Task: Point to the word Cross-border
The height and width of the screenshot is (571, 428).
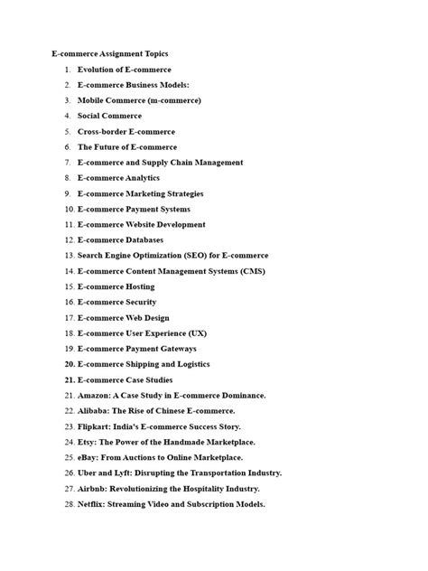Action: point(102,131)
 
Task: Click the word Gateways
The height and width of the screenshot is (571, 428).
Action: point(196,349)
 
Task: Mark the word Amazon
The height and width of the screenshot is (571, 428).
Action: point(94,396)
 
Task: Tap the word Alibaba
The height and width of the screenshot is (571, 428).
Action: point(94,411)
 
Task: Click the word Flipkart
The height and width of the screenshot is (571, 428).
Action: point(96,426)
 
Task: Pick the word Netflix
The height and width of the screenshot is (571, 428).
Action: point(91,504)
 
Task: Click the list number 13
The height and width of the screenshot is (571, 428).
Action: point(69,256)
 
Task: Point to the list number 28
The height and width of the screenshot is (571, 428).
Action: point(69,504)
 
